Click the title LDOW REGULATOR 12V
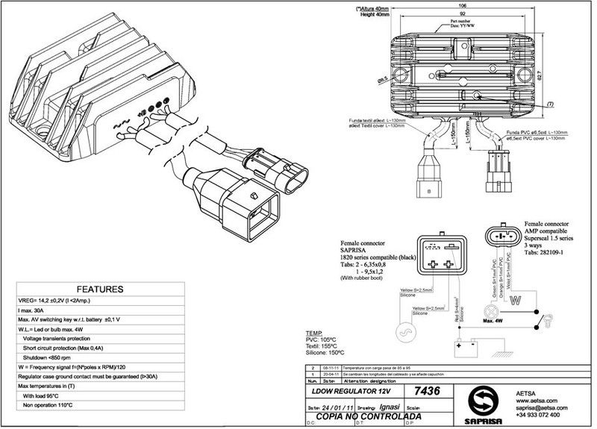pos(351,392)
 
